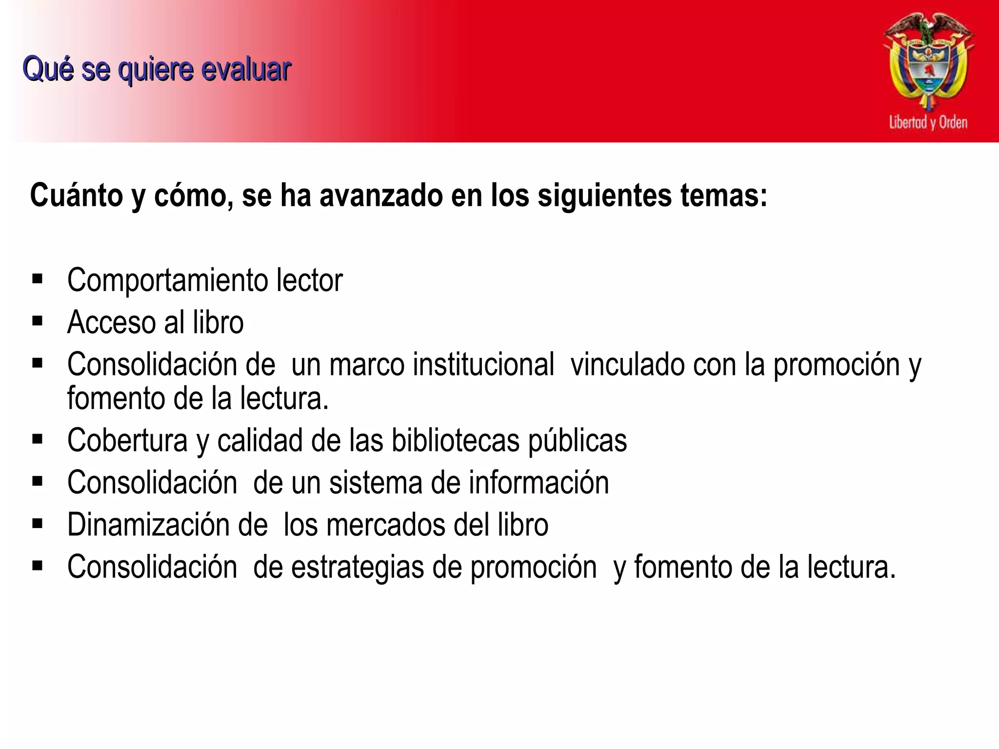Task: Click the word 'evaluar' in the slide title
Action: pyautogui.click(x=246, y=69)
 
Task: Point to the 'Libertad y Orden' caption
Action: pyautogui.click(x=928, y=122)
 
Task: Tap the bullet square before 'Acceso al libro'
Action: pyautogui.click(x=38, y=321)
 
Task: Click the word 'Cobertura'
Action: pyautogui.click(x=127, y=440)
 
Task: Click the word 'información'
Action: pyautogui.click(x=539, y=483)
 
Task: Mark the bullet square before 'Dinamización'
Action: pyautogui.click(x=38, y=524)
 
